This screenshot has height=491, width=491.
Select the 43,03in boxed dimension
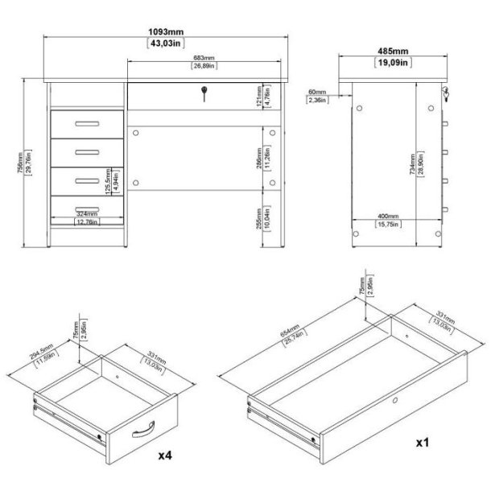click(165, 44)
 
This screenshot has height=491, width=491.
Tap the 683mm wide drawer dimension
click(203, 58)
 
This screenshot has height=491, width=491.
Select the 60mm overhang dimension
click(317, 93)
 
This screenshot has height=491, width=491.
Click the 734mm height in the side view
click(412, 164)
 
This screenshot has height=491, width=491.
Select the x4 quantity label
click(165, 456)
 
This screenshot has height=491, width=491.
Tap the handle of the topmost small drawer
click(84, 124)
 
